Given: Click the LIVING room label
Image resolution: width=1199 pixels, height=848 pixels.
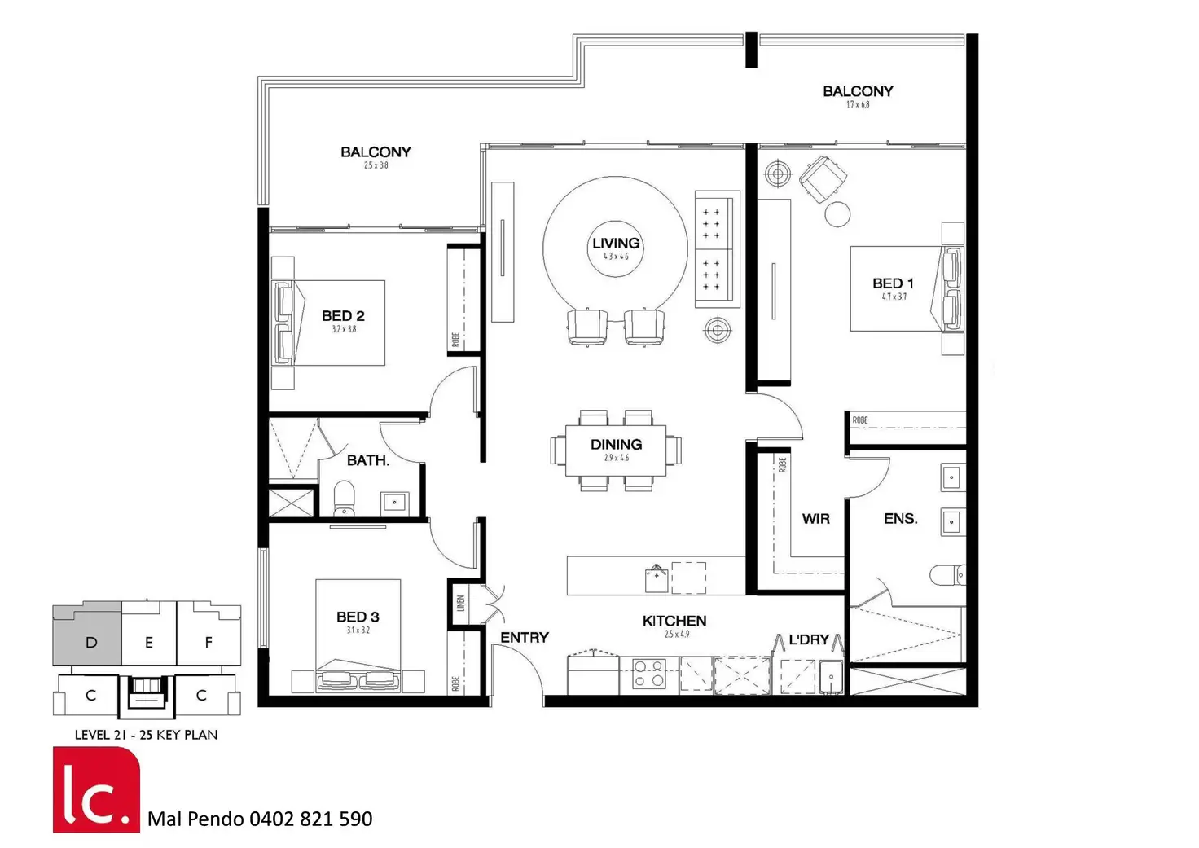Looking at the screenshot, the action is point(616,244).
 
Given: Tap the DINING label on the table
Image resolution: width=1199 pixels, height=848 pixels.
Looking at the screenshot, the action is point(616,445).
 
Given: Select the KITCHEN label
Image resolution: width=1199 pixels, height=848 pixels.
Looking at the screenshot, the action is point(674,622).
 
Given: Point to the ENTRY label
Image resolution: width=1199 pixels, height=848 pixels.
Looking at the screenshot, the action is point(525,638).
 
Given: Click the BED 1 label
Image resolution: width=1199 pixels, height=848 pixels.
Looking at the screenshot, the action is point(893,283).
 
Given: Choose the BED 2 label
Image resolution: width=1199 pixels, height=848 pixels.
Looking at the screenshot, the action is point(343,316).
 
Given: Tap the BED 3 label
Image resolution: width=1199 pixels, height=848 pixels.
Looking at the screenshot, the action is point(358,617).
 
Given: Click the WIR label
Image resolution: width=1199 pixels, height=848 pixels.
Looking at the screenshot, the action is point(815,519).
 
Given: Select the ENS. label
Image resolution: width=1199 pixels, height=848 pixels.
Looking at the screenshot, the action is point(900,519).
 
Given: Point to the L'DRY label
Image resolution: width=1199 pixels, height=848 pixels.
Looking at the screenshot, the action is point(808,640).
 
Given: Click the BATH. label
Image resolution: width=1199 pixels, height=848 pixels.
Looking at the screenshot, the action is point(368,461).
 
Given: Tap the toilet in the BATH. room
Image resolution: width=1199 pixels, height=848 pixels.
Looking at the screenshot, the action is point(345,499).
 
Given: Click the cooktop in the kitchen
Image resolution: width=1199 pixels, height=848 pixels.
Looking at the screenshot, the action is point(649,675).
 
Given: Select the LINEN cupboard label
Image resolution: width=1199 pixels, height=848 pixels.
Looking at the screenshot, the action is point(460,604).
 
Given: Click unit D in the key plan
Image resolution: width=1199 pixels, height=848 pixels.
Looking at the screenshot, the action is point(90,643).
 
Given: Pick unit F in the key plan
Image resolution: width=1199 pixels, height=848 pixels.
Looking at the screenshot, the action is point(209,643).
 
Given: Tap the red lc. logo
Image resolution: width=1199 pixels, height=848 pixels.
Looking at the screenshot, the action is point(96,789).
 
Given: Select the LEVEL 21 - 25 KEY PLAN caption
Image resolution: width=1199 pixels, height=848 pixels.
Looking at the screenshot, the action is point(147,735).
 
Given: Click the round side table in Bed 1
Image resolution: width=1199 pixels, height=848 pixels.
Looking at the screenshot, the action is point(837,214).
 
